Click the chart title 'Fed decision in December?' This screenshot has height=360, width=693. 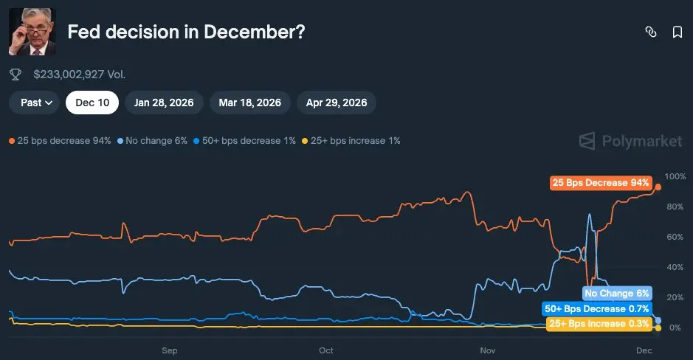click(x=186, y=32)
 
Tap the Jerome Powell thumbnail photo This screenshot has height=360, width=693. click(x=32, y=32)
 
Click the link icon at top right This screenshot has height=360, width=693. click(x=650, y=32)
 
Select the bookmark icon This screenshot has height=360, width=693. click(x=677, y=32)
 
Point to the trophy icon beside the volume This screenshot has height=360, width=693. click(x=15, y=75)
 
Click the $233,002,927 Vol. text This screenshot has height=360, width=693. click(x=80, y=75)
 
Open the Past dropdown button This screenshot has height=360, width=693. click(x=35, y=103)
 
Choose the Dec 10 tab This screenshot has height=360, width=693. click(x=92, y=103)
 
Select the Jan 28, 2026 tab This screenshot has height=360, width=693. click(x=164, y=103)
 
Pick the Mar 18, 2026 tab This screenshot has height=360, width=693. click(x=249, y=103)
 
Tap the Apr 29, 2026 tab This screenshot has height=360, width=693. click(x=337, y=103)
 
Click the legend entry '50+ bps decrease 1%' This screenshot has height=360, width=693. click(x=244, y=140)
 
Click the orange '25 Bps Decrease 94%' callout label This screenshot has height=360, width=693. click(x=601, y=183)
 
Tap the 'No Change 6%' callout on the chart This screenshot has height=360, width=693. click(x=617, y=294)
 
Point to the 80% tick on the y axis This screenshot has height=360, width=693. click(x=675, y=207)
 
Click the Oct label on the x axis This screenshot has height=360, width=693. click(x=326, y=350)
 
